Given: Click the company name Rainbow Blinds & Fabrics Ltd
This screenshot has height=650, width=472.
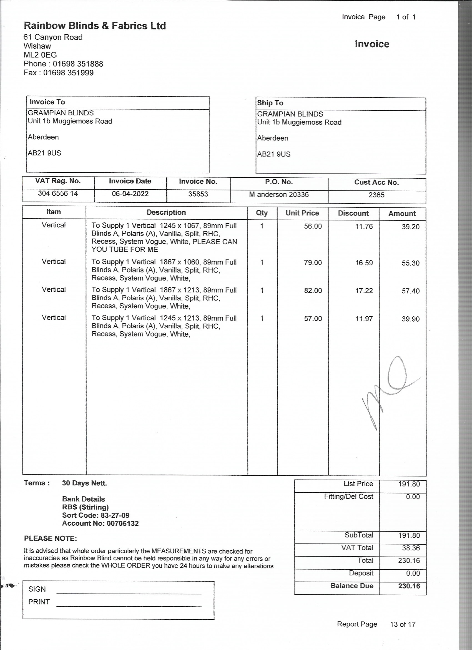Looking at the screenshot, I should pos(95,26).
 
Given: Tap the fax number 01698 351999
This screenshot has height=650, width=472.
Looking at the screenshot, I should pos(68,73).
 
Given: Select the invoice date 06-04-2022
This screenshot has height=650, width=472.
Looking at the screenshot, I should pos(130,194).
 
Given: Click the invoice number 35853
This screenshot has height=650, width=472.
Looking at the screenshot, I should pos(198,194).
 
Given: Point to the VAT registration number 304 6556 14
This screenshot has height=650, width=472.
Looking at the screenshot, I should pos(58,193).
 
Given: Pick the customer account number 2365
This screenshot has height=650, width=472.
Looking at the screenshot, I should pos(376,195).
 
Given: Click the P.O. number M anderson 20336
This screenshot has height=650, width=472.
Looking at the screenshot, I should pos(279,195).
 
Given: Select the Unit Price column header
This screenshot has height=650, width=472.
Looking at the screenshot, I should pos(302,213).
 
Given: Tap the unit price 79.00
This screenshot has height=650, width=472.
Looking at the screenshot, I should pos(313,262).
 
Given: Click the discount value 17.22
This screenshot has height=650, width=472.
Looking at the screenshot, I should pos(364,291).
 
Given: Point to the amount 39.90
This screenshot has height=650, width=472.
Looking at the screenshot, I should pos(410,319).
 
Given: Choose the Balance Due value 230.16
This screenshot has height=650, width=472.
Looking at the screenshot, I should pos(409,586).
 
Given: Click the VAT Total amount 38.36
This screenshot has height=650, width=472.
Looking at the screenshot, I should pos(411,548).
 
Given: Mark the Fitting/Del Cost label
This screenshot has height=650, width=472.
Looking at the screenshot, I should pos(348,496).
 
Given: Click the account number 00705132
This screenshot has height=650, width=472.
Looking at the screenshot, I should pos(122,523).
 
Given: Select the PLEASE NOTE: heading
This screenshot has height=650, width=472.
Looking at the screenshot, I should pos(50,538).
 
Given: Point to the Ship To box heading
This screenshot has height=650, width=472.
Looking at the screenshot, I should pos(270,103).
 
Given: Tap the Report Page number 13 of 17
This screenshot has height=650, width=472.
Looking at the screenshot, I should pos(402,624).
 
